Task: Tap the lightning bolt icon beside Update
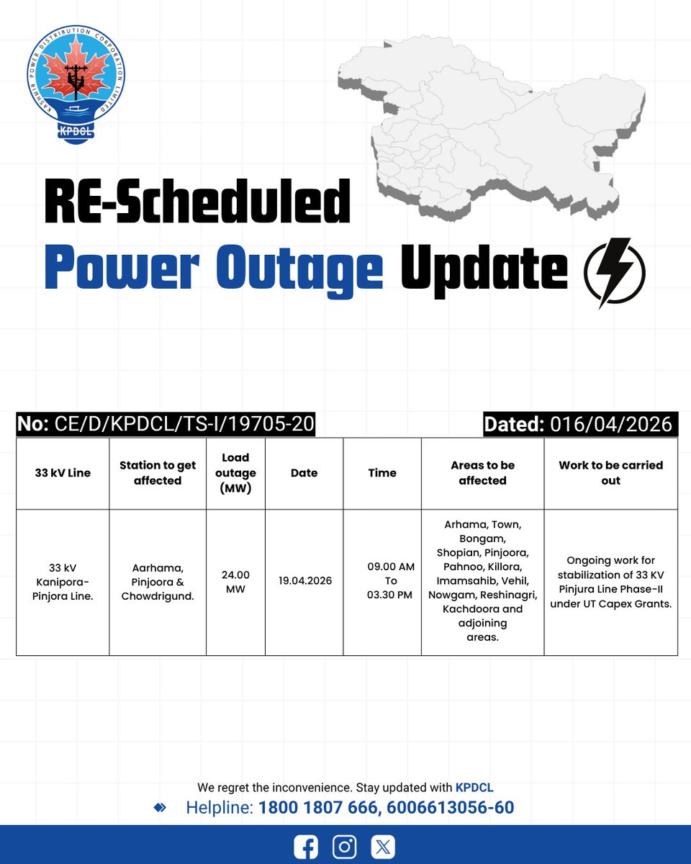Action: pos(613,272)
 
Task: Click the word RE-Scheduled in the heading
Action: pos(197,202)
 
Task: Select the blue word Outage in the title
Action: pos(299,271)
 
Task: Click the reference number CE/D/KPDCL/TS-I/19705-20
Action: pos(184,424)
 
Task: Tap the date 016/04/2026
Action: pos(610,424)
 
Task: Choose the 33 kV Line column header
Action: pos(63,473)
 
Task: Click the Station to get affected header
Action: pos(158,473)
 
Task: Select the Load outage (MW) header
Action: pos(235,473)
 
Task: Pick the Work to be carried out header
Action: pos(610,473)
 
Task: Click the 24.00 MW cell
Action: pos(235,582)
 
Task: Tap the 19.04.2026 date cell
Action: pos(304,580)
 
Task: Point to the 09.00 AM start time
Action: pos(391,567)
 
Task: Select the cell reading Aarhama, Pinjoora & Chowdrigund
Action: pos(158,581)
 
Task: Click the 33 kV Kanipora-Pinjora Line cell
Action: pos(63,581)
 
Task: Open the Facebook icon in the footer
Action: pos(306,847)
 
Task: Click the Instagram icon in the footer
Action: pos(345,847)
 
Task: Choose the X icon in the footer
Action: pos(383,847)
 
